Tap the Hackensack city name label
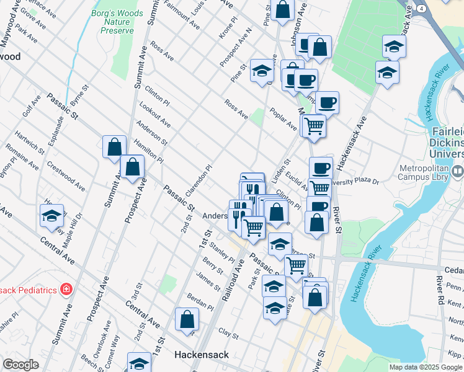201,355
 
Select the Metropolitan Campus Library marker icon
458,170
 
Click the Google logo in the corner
20,364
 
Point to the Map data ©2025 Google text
426,367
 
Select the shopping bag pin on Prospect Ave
132,166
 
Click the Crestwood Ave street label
66,177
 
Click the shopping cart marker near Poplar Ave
315,125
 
